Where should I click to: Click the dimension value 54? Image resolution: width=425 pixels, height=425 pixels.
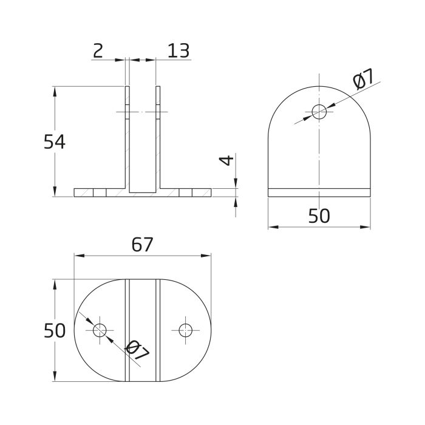coord(55,141)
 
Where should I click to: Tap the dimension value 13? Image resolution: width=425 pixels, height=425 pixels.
coord(177,51)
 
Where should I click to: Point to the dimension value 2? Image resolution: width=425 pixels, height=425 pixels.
coord(98,51)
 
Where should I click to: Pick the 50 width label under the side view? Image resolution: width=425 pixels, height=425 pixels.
coord(319,216)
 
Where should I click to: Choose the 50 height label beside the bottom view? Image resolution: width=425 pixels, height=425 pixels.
coord(55,331)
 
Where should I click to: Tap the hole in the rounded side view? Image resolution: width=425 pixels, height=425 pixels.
coord(319,111)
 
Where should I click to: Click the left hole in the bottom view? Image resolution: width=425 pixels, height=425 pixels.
coord(100,330)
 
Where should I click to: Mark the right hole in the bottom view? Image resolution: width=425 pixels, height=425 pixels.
coord(185,330)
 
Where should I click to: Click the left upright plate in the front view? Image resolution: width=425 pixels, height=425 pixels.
coord(127,140)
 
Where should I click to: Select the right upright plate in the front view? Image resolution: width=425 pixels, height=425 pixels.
coord(158,140)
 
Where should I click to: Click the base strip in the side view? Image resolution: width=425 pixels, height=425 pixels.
coord(319,192)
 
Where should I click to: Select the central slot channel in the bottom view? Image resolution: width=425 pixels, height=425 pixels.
coord(143,331)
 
